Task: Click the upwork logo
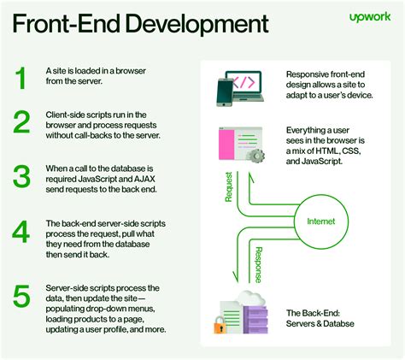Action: pyautogui.click(x=370, y=17)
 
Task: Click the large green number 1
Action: pyautogui.click(x=21, y=78)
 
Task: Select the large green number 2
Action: pyautogui.click(x=21, y=122)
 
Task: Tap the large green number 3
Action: pyautogui.click(x=21, y=176)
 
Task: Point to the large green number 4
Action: pyautogui.click(x=21, y=232)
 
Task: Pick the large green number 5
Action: pyautogui.click(x=21, y=296)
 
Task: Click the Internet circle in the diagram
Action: pyautogui.click(x=321, y=195)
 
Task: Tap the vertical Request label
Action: pyautogui.click(x=228, y=186)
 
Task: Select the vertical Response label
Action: pyautogui.click(x=258, y=265)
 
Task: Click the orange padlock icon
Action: pyautogui.click(x=220, y=325)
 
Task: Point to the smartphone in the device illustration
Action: pyautogui.click(x=225, y=92)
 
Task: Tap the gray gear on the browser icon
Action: pyautogui.click(x=255, y=156)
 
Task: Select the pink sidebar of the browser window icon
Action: pyautogui.click(x=226, y=144)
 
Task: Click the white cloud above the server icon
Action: pyautogui.click(x=249, y=298)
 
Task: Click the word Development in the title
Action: pyautogui.click(x=197, y=25)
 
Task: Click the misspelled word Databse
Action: pyautogui.click(x=339, y=323)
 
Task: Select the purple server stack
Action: pyautogui.click(x=255, y=319)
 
